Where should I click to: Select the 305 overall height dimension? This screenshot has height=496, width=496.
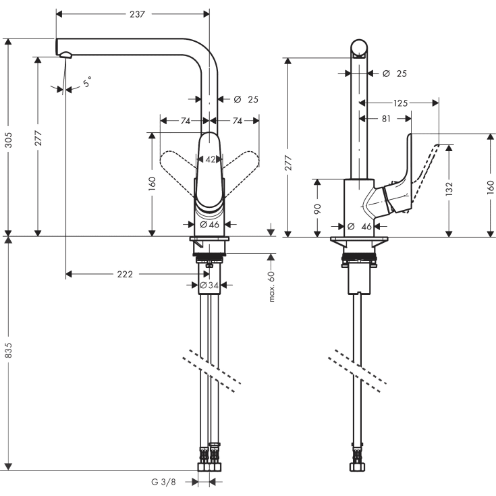coord(9,138)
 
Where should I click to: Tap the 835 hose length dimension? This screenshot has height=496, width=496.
coord(9,354)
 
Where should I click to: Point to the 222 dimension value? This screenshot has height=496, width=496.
coord(124,274)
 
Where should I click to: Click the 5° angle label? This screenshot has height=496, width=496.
coord(88,82)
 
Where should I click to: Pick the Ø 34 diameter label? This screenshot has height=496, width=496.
coord(209,285)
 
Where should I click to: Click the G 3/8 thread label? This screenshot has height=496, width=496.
coord(165,482)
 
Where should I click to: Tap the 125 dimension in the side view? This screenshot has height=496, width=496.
coord(400,103)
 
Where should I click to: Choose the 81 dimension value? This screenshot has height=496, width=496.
coord(385,118)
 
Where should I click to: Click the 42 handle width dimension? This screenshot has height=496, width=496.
coord(210,159)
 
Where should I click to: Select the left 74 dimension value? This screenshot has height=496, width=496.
coord(185,121)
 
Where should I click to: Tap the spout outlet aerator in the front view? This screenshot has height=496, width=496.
coord(64,55)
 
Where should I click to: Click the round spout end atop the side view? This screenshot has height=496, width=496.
coord(360,49)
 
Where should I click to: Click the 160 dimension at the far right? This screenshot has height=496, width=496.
coord(491,186)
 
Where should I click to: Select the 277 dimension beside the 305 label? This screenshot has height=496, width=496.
coord(38,138)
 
